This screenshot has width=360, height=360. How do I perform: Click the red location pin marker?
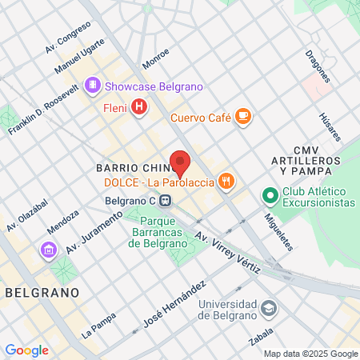[x=181, y=162]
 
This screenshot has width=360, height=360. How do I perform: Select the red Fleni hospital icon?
[x=140, y=106]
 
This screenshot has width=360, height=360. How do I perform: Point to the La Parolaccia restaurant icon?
[x=227, y=182]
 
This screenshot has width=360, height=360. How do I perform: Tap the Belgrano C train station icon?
[x=166, y=200]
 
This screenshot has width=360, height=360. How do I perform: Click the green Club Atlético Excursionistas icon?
[x=270, y=194]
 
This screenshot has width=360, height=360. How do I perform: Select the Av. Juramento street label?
[x=94, y=232]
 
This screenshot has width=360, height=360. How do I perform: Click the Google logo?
[x=26, y=350]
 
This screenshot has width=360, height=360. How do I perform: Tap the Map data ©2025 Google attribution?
[x=311, y=354]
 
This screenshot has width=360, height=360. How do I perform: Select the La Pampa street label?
[x=99, y=327]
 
